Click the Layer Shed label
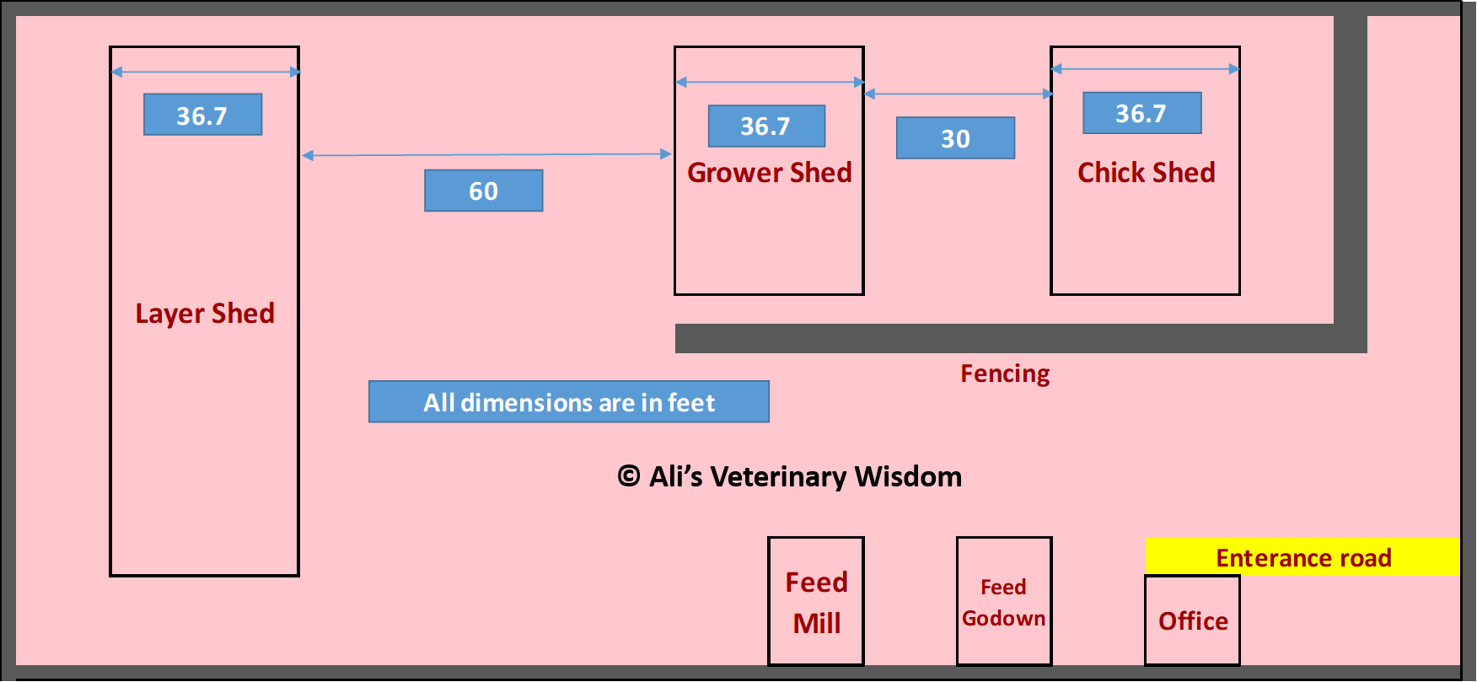pyautogui.click(x=205, y=314)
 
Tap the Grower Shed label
pyautogui.click(x=770, y=173)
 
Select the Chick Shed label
pyautogui.click(x=1147, y=173)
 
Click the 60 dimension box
pyautogui.click(x=484, y=191)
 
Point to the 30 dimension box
pyautogui.click(x=955, y=138)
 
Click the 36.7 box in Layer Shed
pyautogui.click(x=203, y=115)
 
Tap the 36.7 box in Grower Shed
pyautogui.click(x=767, y=126)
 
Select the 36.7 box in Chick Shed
pyautogui.click(x=1142, y=113)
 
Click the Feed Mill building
pyautogui.click(x=816, y=601)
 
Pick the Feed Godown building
pyautogui.click(x=1004, y=601)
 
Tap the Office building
pyautogui.click(x=1192, y=620)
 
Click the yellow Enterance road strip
pyautogui.click(x=1302, y=557)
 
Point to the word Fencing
pyautogui.click(x=1005, y=373)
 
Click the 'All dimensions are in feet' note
pyautogui.click(x=569, y=402)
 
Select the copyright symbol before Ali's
pyautogui.click(x=629, y=476)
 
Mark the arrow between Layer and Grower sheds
pyautogui.click(x=486, y=155)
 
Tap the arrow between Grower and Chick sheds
pyautogui.click(x=959, y=94)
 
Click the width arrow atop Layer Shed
pyautogui.click(x=206, y=72)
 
